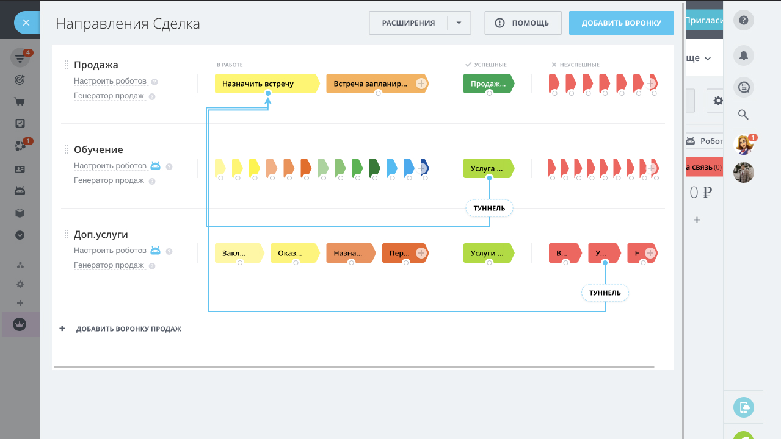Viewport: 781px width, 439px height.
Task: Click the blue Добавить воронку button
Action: [x=621, y=23]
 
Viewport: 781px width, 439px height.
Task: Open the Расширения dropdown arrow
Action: [x=459, y=23]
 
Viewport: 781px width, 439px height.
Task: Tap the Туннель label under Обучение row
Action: [x=489, y=209]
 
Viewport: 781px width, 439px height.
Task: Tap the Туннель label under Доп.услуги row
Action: [x=605, y=293]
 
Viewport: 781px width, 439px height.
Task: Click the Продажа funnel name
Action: [x=96, y=65]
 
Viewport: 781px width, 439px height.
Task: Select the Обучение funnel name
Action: [x=98, y=149]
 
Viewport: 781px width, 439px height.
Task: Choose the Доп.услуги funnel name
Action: [x=101, y=234]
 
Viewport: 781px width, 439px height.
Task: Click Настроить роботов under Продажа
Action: [x=110, y=81]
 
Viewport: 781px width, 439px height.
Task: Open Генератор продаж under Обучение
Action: [x=109, y=180]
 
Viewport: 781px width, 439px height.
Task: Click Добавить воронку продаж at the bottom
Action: [x=128, y=329]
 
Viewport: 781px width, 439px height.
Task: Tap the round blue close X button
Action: [x=26, y=23]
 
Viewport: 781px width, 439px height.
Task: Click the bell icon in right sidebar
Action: [x=743, y=55]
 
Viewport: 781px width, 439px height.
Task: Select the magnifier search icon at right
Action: [x=743, y=115]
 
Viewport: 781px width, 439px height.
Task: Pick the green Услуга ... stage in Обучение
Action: [x=487, y=168]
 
